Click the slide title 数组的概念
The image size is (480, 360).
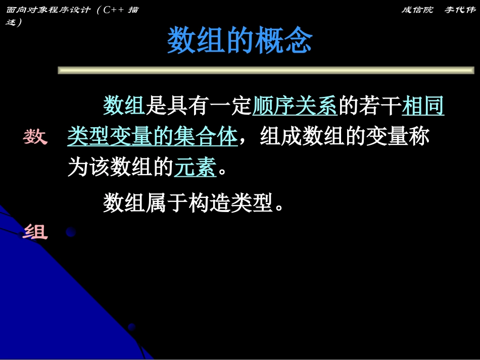(239, 41)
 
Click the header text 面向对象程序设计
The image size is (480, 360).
(48, 10)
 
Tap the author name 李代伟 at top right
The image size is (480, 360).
(460, 10)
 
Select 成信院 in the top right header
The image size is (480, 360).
(417, 10)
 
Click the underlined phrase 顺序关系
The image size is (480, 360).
(295, 106)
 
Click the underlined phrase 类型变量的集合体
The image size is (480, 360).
(152, 137)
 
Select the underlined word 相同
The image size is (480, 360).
(423, 106)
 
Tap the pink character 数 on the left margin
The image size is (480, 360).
(35, 137)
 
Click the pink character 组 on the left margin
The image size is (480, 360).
(35, 232)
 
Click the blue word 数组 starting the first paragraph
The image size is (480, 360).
(124, 106)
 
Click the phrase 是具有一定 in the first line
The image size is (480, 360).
(199, 106)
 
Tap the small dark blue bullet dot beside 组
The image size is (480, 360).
(70, 232)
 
